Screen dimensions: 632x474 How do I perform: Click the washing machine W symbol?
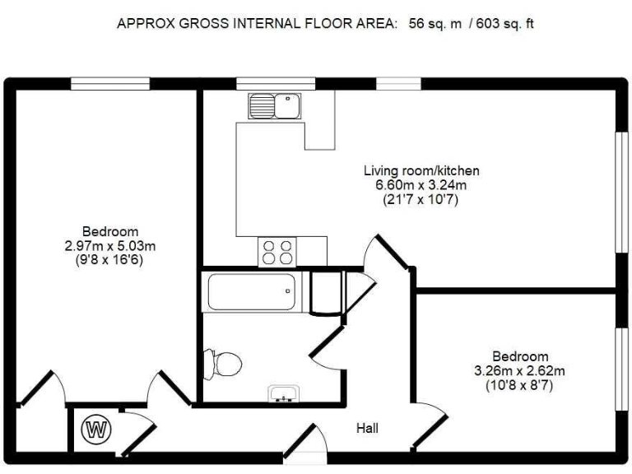[96, 430]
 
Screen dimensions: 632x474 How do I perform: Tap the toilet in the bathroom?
[222, 364]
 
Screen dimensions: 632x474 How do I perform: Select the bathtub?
[252, 292]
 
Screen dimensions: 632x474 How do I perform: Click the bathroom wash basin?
[284, 394]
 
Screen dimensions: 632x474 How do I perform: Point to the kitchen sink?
[275, 106]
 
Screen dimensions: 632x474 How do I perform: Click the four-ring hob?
[276, 252]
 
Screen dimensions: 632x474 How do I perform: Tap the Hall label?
[367, 428]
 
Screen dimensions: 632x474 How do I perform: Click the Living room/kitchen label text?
[421, 170]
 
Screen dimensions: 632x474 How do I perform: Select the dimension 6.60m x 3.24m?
[421, 185]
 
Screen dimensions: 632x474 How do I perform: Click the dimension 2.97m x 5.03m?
[110, 245]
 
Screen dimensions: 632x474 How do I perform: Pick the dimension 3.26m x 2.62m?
[519, 370]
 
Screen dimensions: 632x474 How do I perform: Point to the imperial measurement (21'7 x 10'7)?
[421, 199]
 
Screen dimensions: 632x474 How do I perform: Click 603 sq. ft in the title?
[505, 23]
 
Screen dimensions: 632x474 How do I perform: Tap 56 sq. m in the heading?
[434, 23]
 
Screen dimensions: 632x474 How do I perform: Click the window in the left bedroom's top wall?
[110, 84]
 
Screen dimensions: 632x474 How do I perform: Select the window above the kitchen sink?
[276, 84]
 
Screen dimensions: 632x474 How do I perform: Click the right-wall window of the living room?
[622, 193]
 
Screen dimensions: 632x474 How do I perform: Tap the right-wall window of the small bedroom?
[622, 369]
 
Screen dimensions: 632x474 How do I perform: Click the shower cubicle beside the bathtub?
[326, 292]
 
